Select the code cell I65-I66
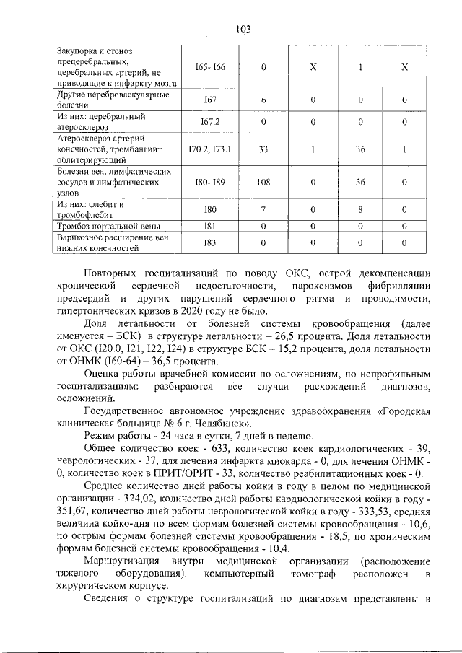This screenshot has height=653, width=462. pos(210,67)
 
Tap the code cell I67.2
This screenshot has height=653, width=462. pos(210,122)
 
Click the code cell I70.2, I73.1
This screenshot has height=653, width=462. pos(210,149)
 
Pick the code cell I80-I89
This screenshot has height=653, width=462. pos(210,183)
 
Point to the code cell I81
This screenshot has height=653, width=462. pos(210,226)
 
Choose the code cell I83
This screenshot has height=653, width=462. pos(210,243)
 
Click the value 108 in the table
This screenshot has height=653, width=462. pos(263,183)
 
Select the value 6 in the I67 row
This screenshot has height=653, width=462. pos(263,100)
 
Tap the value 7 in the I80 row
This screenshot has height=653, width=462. pos(263,210)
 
